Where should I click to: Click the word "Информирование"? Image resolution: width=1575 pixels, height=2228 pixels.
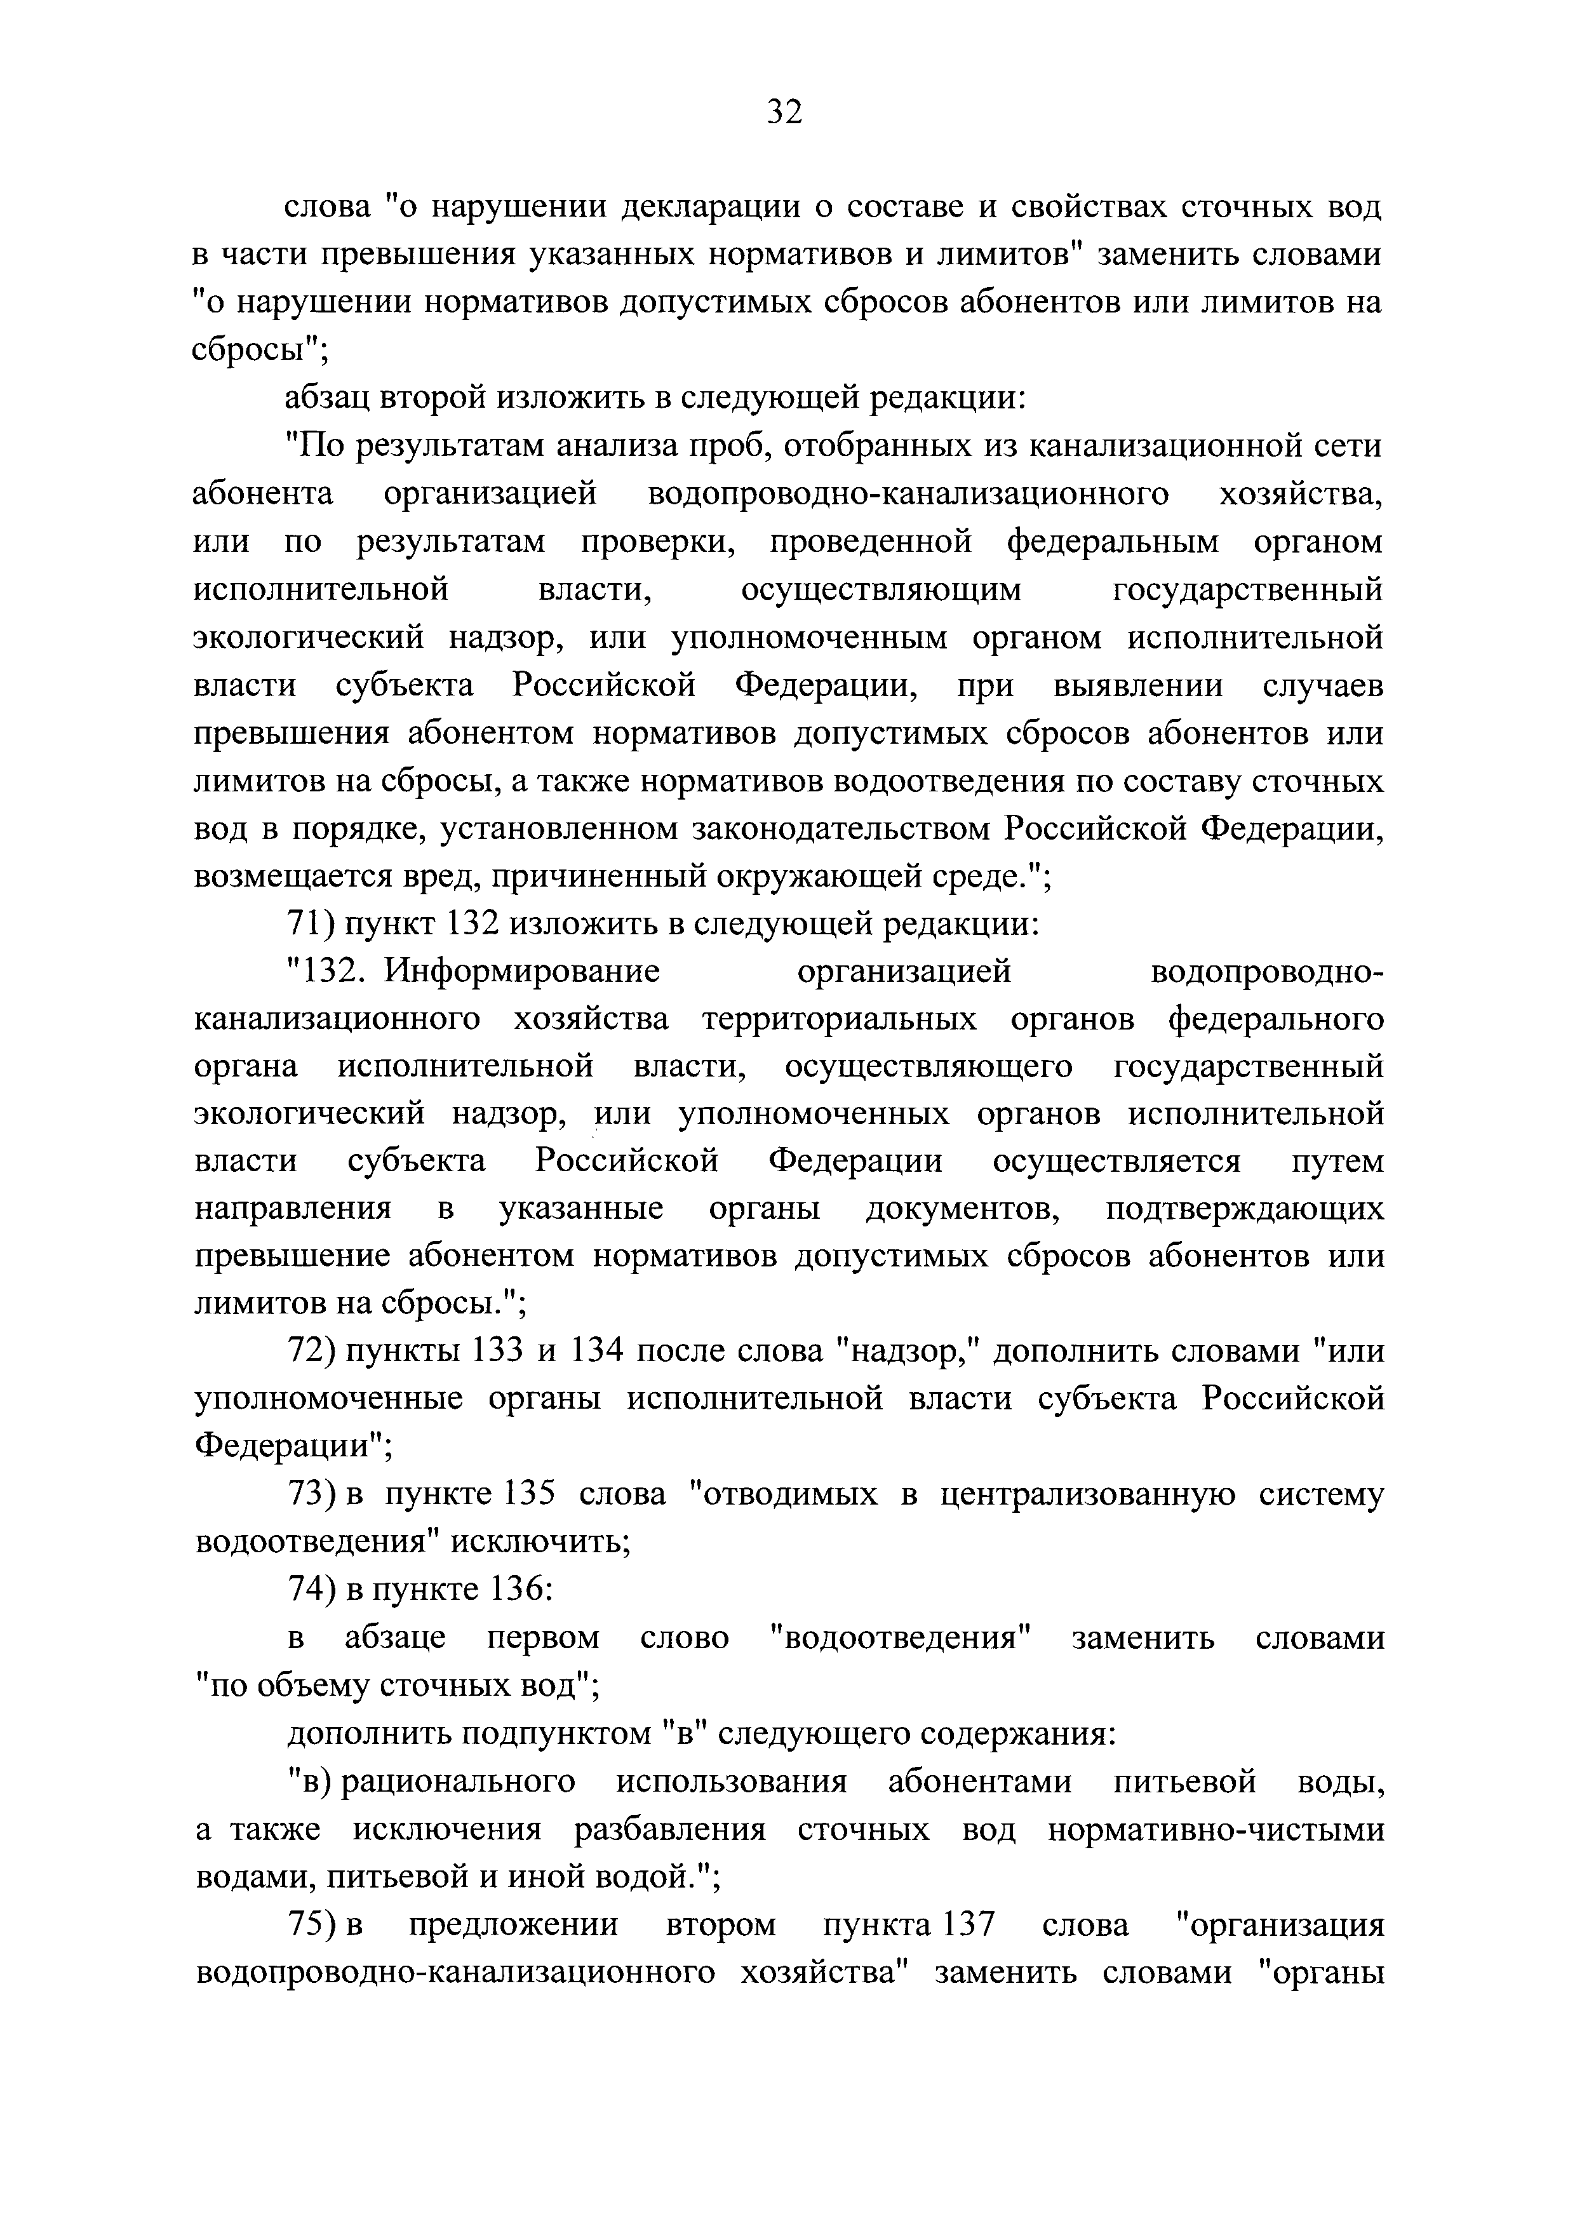tap(522, 971)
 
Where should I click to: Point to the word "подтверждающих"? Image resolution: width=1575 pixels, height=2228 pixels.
tap(1245, 1209)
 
